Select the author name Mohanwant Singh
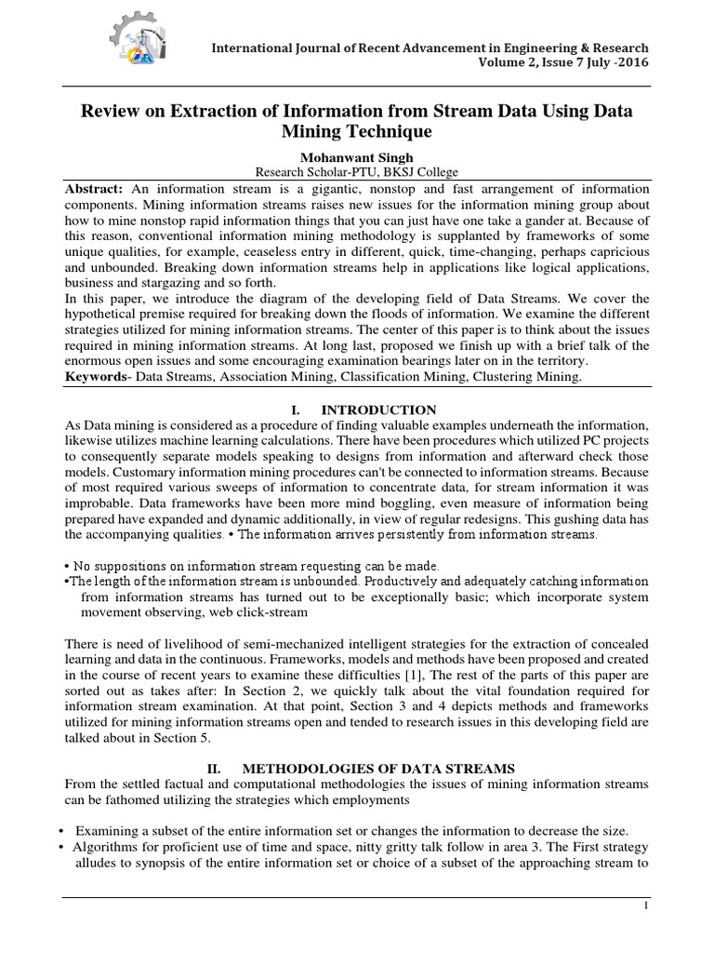357,157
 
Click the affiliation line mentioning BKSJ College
357,172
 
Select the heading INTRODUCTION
377,409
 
